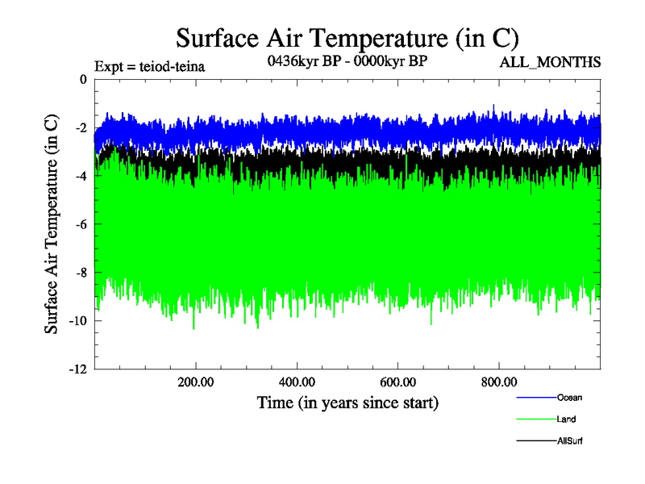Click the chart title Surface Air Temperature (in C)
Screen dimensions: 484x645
point(347,38)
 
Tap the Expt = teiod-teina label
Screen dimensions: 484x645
point(149,66)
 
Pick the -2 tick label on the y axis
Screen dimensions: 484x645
point(80,127)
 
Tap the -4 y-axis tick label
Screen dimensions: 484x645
point(80,176)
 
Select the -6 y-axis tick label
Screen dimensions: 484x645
point(80,224)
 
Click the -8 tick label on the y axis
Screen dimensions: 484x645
point(80,273)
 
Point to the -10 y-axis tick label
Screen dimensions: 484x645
point(77,321)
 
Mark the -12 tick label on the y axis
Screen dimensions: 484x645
point(77,369)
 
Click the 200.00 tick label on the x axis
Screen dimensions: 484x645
point(196,382)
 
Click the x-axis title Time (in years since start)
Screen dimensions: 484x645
point(347,402)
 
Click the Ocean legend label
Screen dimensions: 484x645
point(569,397)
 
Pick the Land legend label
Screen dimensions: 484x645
point(566,419)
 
